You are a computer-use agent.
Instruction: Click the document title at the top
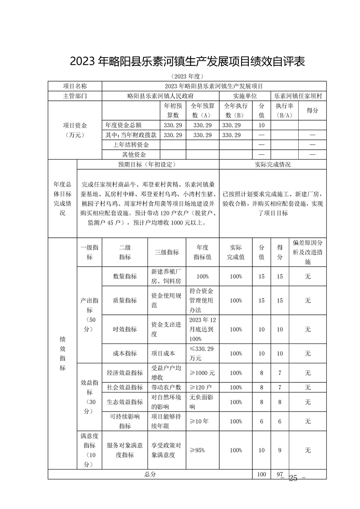click(x=187, y=61)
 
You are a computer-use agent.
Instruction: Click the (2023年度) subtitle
click(x=187, y=76)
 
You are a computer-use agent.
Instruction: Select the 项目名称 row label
click(x=75, y=86)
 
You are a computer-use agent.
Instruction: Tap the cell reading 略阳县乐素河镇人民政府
click(x=161, y=96)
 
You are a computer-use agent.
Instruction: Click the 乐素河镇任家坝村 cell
click(x=298, y=96)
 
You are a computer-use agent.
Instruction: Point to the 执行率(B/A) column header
click(x=284, y=110)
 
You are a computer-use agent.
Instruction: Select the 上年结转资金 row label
click(x=131, y=145)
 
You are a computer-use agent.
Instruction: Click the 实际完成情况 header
click(x=272, y=164)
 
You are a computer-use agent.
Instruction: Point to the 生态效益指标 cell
click(x=124, y=402)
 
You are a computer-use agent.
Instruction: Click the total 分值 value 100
click(x=261, y=474)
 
